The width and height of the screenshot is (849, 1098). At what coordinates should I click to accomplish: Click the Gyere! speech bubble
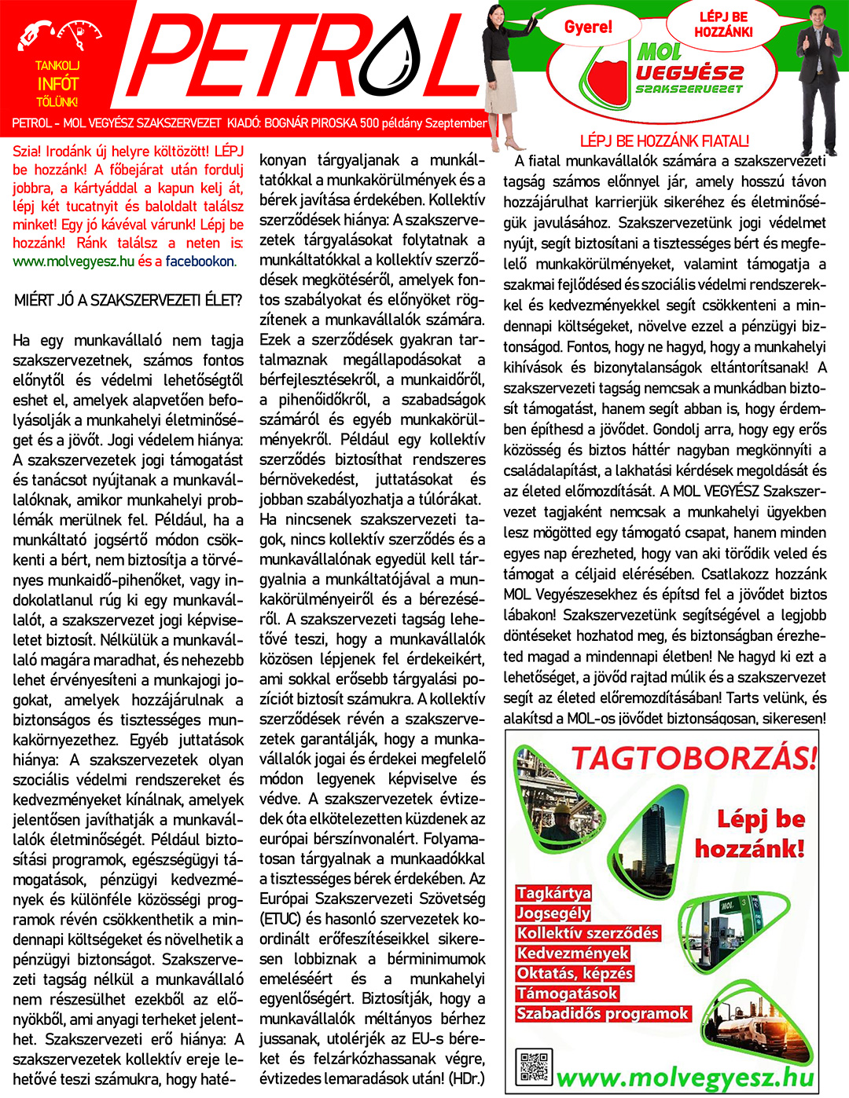(588, 27)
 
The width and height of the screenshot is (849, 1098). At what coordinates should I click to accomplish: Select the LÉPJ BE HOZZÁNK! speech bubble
(723, 25)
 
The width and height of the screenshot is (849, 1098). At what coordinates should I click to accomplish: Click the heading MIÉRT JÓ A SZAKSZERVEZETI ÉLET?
(128, 299)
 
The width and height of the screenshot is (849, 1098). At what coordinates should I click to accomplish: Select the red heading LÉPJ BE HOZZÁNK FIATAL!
(664, 141)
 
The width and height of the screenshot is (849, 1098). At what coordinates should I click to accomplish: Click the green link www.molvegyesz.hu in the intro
(74, 262)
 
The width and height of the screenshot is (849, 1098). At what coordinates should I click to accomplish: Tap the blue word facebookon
(200, 262)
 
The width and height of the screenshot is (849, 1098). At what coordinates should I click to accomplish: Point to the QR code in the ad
(535, 1067)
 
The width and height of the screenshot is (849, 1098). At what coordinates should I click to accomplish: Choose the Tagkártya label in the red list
(553, 893)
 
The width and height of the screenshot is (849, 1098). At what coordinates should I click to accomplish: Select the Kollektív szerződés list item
(587, 933)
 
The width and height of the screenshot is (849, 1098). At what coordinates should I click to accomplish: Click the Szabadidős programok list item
(602, 1013)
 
